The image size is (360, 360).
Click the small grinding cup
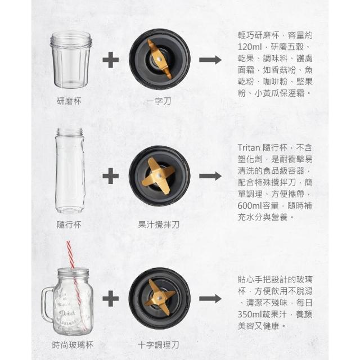coord(71,60)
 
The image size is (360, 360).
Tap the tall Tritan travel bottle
coord(70,171)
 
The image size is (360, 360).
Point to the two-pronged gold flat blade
coord(159,59)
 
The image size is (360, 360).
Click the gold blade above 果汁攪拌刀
coord(158,175)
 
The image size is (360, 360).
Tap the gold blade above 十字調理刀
coord(159,298)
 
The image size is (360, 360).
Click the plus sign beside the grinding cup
coord(111,60)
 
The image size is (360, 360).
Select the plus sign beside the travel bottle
coord(111,176)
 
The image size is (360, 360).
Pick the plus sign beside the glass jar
coord(111,299)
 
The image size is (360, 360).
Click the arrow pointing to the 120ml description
coord(210,60)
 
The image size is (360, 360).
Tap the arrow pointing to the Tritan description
coord(210,176)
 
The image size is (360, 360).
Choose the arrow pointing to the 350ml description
coord(210,299)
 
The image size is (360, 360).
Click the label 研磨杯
coord(69,101)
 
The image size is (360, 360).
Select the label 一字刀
coord(159,101)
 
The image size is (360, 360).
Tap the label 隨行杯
coord(69,224)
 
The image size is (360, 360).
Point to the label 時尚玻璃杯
coord(73,345)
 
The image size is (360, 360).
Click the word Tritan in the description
coord(249,147)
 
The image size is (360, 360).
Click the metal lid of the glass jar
coord(73,272)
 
